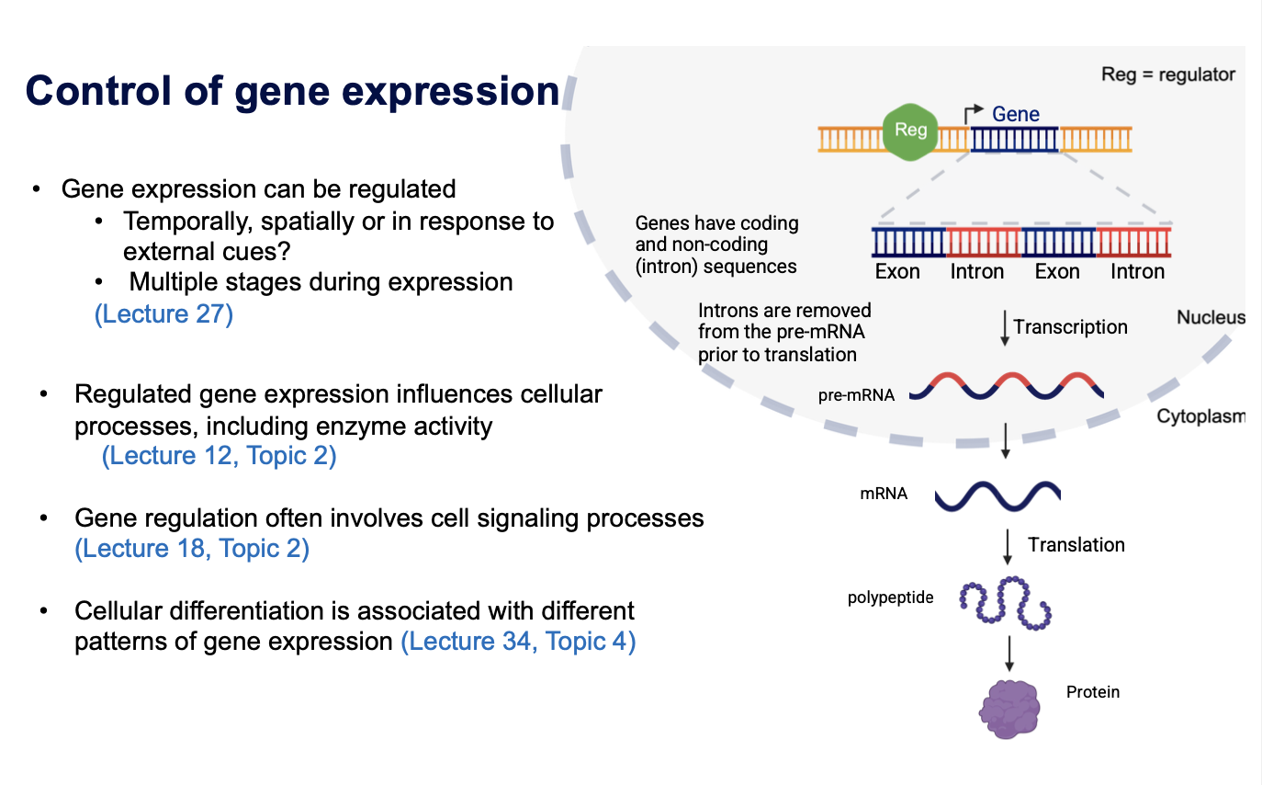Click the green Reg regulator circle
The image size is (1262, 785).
click(x=910, y=131)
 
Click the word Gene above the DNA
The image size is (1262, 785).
click(x=1015, y=114)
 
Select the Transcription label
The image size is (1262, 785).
click(x=1070, y=327)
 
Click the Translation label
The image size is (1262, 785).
click(x=1076, y=545)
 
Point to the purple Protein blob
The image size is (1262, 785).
click(x=1010, y=709)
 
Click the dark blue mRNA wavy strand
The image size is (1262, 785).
click(x=997, y=495)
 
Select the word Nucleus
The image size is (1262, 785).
click(x=1211, y=318)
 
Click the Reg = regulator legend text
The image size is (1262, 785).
click(x=1167, y=75)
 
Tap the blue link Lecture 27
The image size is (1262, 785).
click(x=163, y=314)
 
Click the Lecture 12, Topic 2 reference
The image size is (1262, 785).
click(x=219, y=456)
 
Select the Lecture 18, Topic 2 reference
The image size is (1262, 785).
click(x=191, y=549)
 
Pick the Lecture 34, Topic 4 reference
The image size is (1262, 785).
click(x=518, y=641)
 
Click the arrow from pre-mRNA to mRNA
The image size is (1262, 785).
click(x=1007, y=440)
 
